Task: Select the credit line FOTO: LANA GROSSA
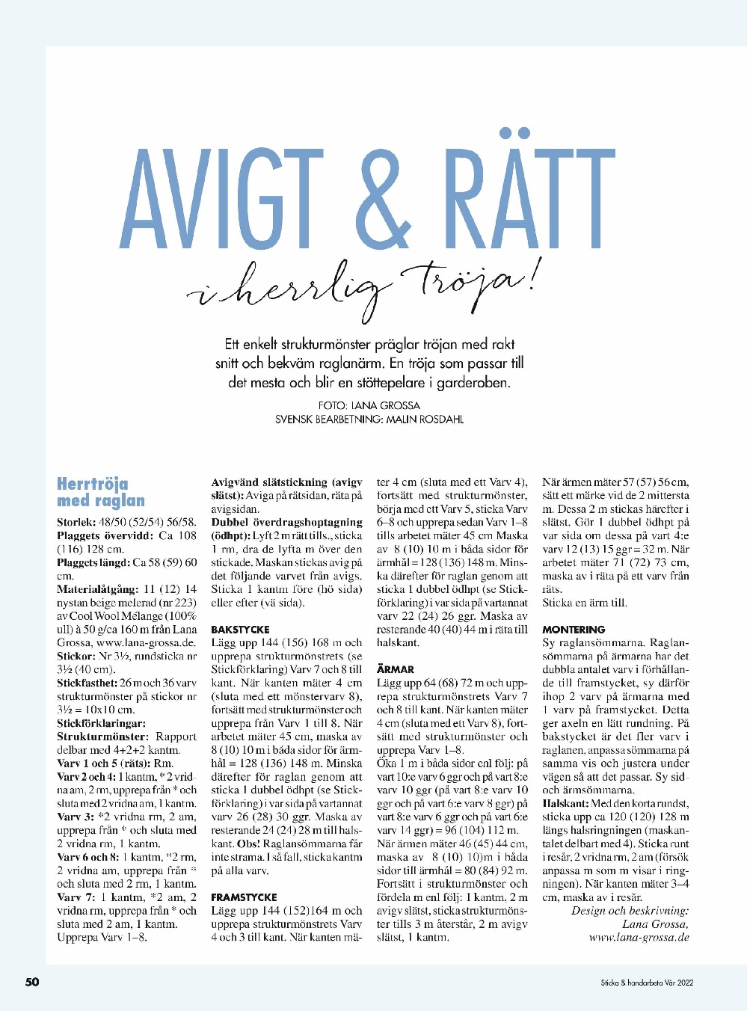point(369,405)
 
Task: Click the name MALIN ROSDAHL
point(425,420)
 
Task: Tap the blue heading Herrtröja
point(93,484)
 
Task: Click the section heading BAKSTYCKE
point(240,630)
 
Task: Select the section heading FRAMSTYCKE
point(244,897)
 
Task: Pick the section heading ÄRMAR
point(396,669)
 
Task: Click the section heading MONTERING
point(574,630)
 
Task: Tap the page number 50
point(32,982)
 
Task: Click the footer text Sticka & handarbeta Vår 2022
point(647,983)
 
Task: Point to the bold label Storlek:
point(76,523)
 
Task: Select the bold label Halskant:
point(566,803)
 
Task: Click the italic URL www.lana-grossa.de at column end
point(639,938)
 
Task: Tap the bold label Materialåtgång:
point(97,589)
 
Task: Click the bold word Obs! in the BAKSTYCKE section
point(248,843)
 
